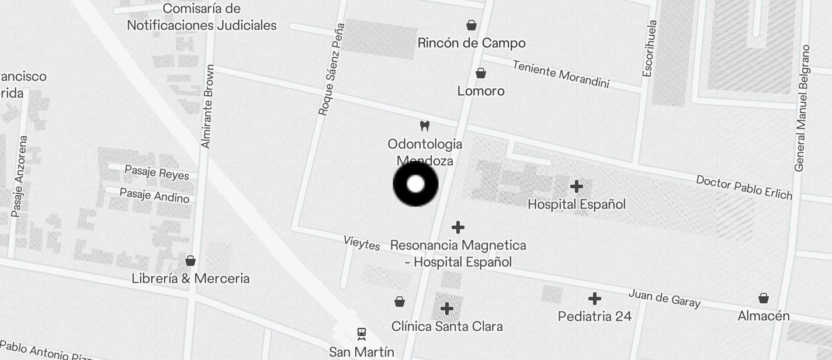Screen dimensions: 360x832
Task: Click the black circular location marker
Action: (415, 184)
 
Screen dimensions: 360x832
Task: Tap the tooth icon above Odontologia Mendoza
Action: (425, 126)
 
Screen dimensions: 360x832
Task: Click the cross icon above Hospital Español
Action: (577, 186)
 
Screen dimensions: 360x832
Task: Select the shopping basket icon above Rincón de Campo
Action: (472, 25)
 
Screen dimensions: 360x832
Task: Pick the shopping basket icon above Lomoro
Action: (481, 73)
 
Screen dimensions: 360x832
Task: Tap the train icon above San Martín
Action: (362, 334)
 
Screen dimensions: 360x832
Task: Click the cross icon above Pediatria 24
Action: (595, 299)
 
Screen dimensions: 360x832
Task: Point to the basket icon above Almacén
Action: (764, 298)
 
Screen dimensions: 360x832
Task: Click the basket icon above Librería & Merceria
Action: (190, 261)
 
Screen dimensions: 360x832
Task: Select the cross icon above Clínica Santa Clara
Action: (447, 308)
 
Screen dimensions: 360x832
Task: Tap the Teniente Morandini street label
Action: (561, 74)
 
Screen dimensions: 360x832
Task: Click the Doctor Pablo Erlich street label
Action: (744, 187)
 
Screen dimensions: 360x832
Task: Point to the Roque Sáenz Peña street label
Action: (331, 70)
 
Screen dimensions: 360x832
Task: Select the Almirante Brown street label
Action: (207, 106)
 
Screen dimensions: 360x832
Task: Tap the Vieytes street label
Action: (362, 243)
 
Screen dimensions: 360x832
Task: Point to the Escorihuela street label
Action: (649, 49)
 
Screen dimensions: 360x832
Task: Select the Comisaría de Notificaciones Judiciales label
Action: (202, 17)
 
